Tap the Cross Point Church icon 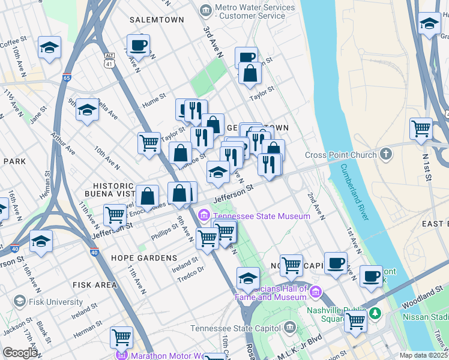tap(340, 155)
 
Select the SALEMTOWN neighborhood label tap(156, 20)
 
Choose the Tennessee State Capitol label tap(235, 328)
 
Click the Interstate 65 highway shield tap(66, 77)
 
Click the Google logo tap(20, 353)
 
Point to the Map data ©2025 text tap(423, 355)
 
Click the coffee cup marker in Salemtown tap(138, 45)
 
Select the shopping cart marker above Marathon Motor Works tap(121, 337)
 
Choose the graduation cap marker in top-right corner tap(429, 25)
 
